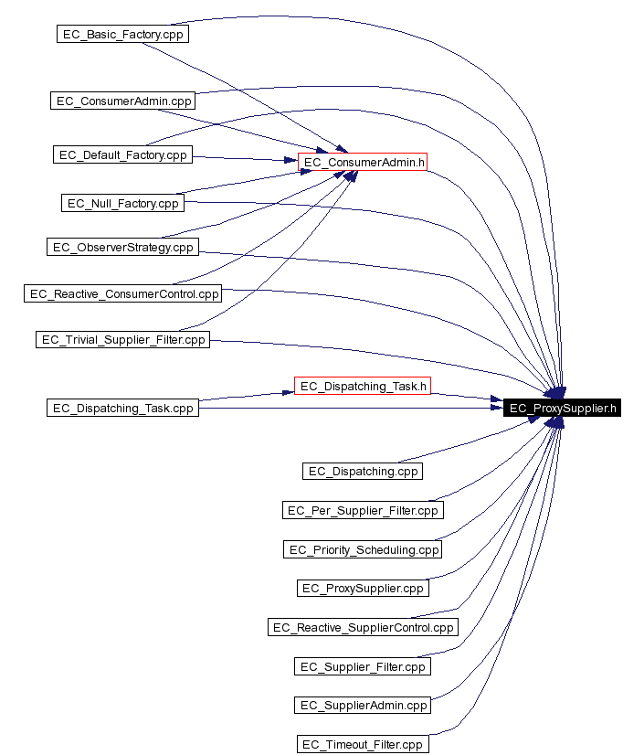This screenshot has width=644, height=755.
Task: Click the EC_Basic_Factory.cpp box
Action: (x=122, y=34)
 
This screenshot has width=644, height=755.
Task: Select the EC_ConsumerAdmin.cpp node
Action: (x=122, y=101)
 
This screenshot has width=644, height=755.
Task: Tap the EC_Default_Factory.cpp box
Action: (x=122, y=154)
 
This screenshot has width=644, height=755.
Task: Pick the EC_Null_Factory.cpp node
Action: (x=122, y=203)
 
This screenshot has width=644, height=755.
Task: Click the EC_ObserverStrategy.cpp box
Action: (x=122, y=247)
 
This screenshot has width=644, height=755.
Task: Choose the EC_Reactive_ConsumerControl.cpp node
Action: (x=122, y=293)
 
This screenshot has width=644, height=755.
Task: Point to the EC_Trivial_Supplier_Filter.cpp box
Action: (x=122, y=339)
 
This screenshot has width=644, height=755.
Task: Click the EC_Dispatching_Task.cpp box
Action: (x=122, y=408)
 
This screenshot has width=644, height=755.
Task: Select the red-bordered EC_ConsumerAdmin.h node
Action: (x=363, y=163)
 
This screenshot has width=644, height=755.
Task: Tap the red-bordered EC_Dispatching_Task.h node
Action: (x=363, y=386)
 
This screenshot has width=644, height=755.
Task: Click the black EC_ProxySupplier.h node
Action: (x=562, y=408)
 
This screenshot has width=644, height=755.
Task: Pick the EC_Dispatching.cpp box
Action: (x=363, y=471)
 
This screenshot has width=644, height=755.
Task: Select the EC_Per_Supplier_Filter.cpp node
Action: (x=363, y=510)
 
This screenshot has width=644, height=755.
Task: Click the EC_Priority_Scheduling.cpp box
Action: (x=363, y=549)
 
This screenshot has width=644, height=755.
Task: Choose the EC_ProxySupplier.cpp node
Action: (x=363, y=588)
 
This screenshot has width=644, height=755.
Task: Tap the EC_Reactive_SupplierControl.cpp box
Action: (x=363, y=627)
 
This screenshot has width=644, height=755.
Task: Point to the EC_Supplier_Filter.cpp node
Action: (x=363, y=666)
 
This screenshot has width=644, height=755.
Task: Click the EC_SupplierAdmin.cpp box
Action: (x=363, y=705)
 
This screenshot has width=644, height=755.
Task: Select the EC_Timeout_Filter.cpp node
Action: (x=363, y=744)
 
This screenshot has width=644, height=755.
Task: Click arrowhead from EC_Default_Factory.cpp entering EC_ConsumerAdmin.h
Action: (x=290, y=160)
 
